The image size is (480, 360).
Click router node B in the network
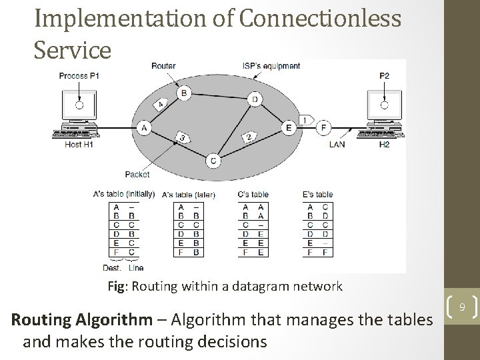pos(183,93)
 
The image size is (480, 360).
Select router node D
pos(254,99)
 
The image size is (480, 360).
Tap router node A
pos(144,127)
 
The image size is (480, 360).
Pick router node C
pos(213,159)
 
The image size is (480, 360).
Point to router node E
pos(288,127)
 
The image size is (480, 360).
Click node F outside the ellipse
pos(324,127)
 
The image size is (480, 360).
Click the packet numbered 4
pos(161,104)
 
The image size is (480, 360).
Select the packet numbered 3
pos(181,138)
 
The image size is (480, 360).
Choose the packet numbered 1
pos(305,120)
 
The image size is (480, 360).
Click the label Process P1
pos(79,75)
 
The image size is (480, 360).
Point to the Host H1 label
pos(79,144)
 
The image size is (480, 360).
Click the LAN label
pos(337,144)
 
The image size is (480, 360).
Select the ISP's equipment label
pos(271,65)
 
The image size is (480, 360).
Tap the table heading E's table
pos(317,195)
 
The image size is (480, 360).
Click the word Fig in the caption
pos(117,287)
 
